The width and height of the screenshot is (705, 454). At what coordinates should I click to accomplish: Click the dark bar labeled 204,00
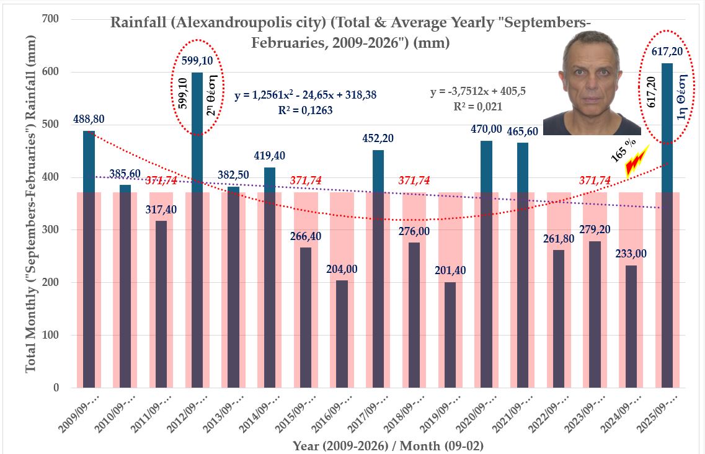[x=342, y=334]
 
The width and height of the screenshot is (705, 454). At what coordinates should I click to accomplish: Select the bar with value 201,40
[x=451, y=335]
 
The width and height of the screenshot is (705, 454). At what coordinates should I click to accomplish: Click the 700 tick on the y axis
[x=51, y=19]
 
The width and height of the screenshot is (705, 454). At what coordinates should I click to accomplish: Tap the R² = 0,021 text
[x=479, y=106]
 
